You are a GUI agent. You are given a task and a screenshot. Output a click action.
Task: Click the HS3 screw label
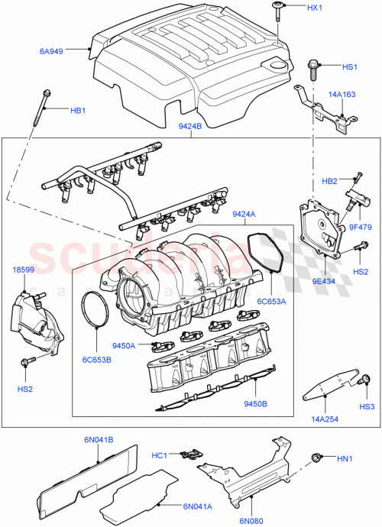(367, 406)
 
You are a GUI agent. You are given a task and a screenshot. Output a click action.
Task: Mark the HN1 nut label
(346, 459)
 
